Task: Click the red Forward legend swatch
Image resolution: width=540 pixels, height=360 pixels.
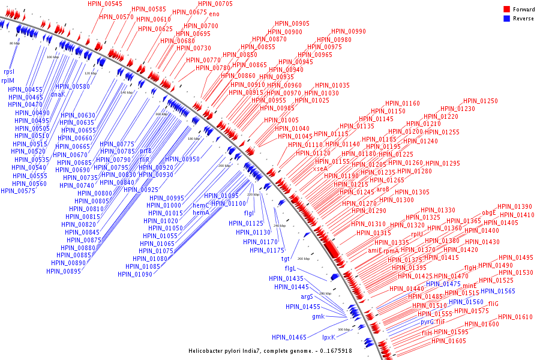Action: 506,10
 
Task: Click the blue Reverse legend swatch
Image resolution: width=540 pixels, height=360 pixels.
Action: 506,19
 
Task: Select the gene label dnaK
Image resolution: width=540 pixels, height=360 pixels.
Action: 58,94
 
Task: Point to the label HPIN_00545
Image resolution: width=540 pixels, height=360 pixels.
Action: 104,4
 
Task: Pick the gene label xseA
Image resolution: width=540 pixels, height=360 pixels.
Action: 320,169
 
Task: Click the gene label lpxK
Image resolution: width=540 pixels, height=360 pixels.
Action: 329,337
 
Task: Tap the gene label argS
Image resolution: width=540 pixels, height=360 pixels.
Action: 307,296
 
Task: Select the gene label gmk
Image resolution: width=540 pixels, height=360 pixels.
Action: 318,316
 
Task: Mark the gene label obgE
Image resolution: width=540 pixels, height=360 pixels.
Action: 489,212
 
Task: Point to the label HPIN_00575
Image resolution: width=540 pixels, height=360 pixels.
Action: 18,191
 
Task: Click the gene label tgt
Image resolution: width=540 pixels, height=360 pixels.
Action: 286,259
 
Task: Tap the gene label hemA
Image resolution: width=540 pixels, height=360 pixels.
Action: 201,212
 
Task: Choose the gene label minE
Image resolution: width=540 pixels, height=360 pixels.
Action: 469,286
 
